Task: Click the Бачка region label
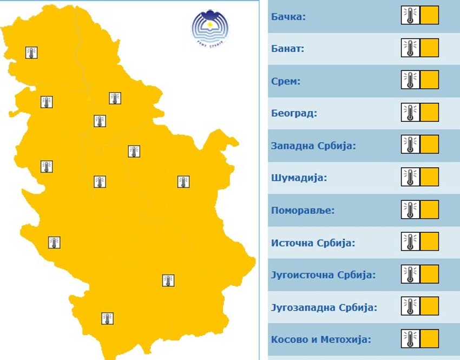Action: pyautogui.click(x=288, y=17)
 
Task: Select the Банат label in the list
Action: pyautogui.click(x=288, y=49)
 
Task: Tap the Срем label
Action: pyautogui.click(x=286, y=81)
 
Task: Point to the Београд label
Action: pyautogui.click(x=294, y=114)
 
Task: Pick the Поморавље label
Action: pyautogui.click(x=303, y=210)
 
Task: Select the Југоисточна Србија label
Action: pyautogui.click(x=323, y=274)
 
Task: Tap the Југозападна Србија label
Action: pyautogui.click(x=324, y=307)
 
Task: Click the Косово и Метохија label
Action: pyautogui.click(x=321, y=339)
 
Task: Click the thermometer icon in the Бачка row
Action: pyautogui.click(x=410, y=15)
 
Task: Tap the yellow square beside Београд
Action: pyautogui.click(x=429, y=113)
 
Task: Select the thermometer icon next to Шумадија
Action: pyautogui.click(x=410, y=177)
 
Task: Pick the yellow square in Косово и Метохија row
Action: pyautogui.click(x=429, y=339)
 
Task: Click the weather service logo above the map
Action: pyautogui.click(x=211, y=28)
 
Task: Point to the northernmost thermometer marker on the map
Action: pyautogui.click(x=32, y=53)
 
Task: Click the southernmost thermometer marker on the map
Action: pyautogui.click(x=107, y=318)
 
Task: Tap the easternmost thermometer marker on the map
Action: pyautogui.click(x=183, y=182)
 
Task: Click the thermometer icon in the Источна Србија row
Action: pyautogui.click(x=410, y=241)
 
